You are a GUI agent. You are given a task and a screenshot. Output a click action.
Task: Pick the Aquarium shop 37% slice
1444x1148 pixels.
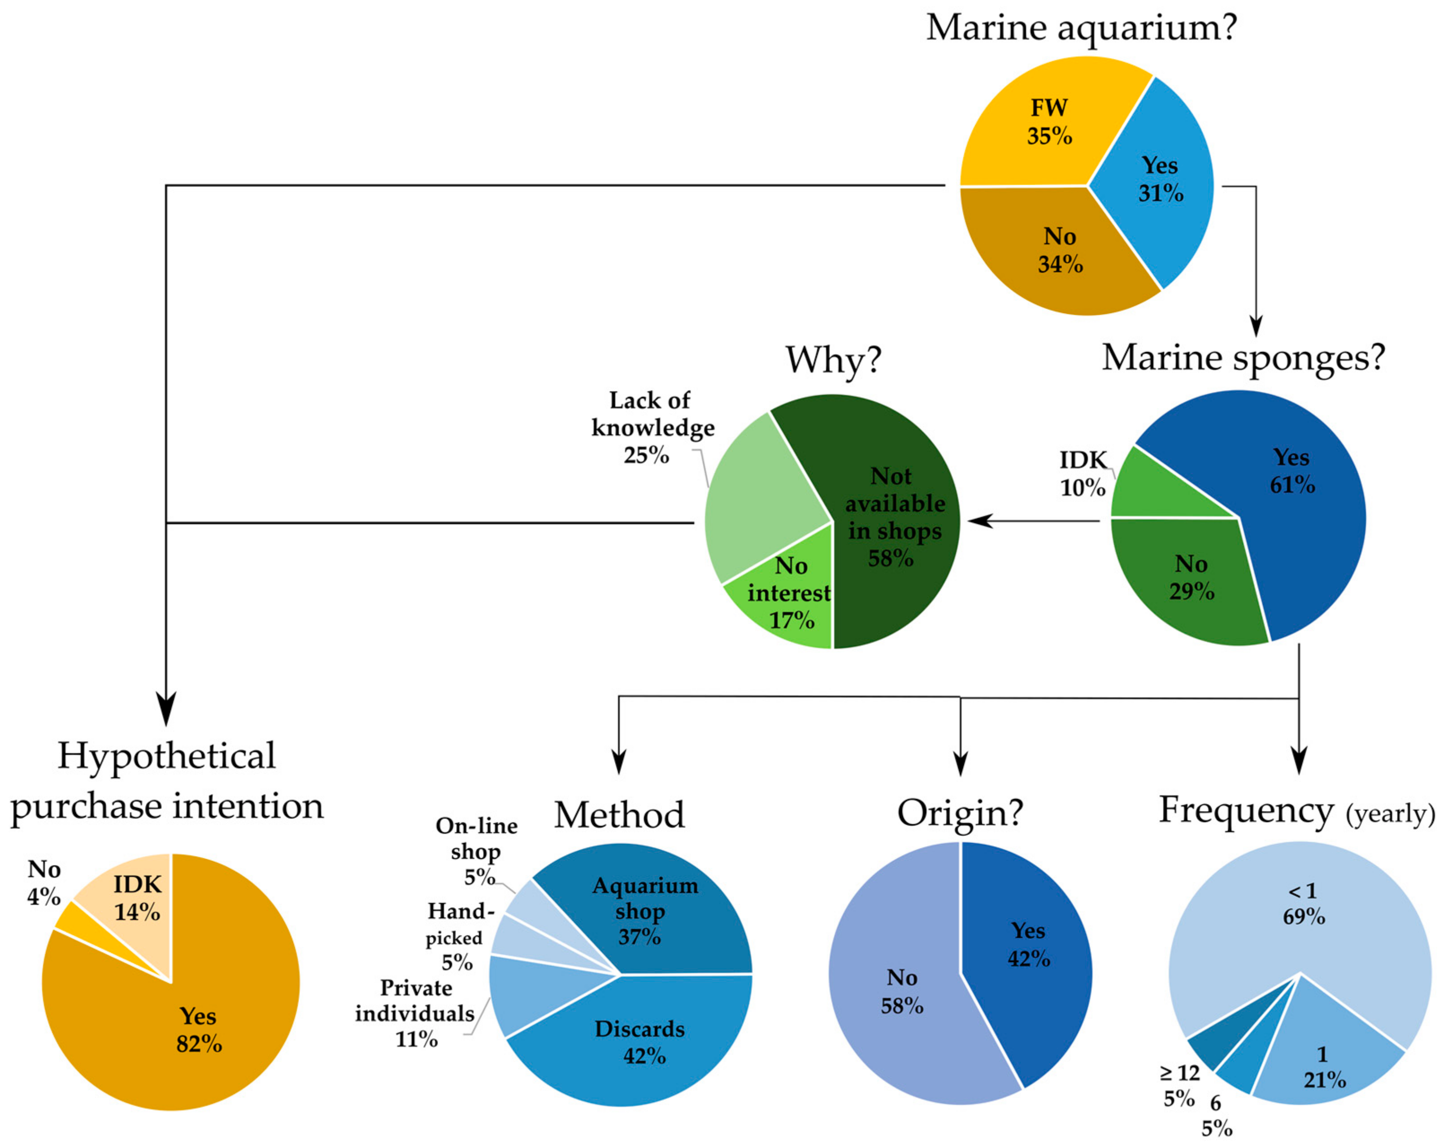pyautogui.click(x=643, y=911)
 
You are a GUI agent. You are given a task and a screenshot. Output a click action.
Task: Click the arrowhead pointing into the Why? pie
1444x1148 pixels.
pyautogui.click(x=978, y=521)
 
